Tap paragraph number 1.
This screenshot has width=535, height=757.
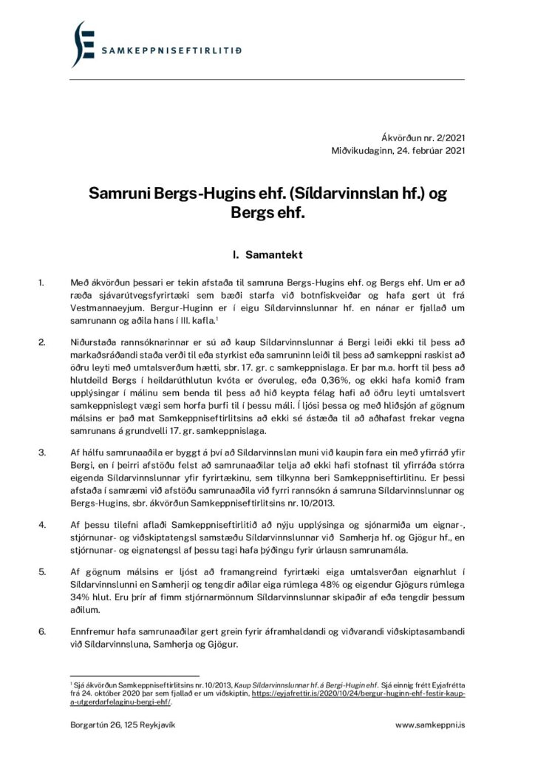pyautogui.click(x=42, y=282)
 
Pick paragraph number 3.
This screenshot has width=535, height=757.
pyautogui.click(x=42, y=450)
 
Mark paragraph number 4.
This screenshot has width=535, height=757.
pyautogui.click(x=42, y=522)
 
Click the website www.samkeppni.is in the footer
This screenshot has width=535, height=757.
pyautogui.click(x=430, y=726)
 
